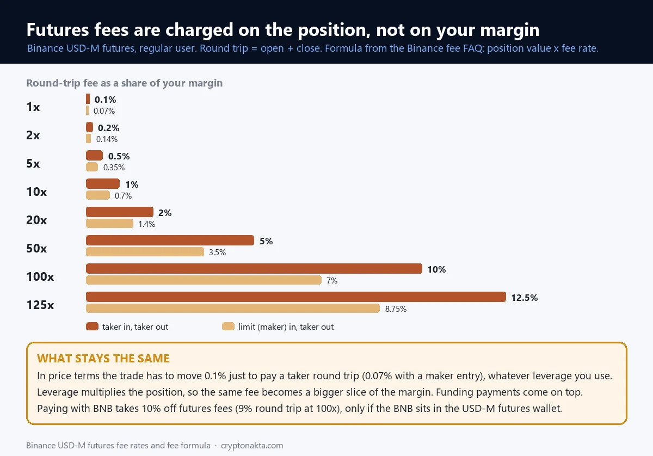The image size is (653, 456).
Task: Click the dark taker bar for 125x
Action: pos(296,297)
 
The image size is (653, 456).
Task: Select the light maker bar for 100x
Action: pos(204,280)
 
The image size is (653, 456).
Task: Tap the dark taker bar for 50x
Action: pos(170,241)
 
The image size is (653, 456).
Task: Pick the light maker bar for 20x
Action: pos(109,224)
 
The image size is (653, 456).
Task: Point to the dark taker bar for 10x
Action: pos(103,184)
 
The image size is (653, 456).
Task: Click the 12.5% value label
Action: pos(525,298)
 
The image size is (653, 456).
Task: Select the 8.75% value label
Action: pos(396,309)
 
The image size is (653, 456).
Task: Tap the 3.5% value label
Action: pos(217,252)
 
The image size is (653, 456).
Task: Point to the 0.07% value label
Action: pos(104,111)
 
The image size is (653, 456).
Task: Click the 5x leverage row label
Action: pos(33,164)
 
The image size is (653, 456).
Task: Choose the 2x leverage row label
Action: pos(33,135)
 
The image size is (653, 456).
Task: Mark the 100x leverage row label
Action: pos(40,276)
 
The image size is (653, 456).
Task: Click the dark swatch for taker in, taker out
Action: pos(92,326)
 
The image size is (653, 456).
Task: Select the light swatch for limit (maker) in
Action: pos(228,326)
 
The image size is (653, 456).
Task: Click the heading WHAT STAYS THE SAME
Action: pos(103,359)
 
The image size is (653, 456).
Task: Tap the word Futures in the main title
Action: pos(58,30)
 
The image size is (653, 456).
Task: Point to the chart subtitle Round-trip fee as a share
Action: pos(125,83)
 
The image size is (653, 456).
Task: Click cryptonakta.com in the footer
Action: pos(252,446)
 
